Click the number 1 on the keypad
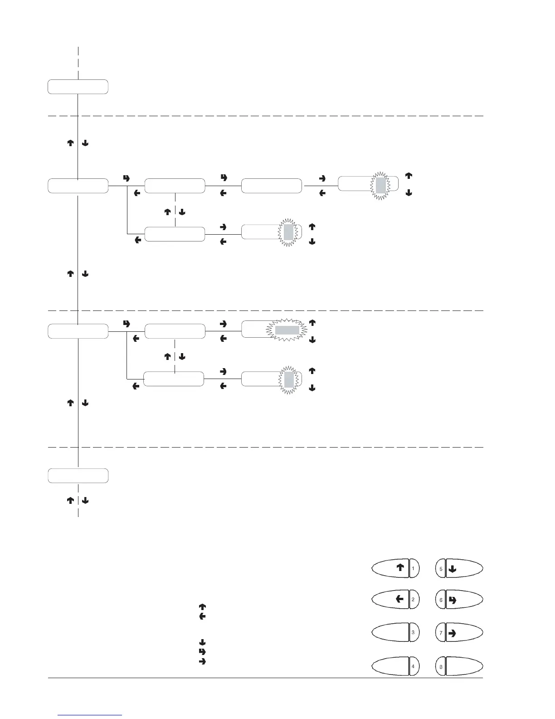(413, 568)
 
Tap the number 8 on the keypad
(441, 667)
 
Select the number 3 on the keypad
(413, 632)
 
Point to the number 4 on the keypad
(413, 667)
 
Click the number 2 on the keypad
(413, 600)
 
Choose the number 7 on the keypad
(441, 633)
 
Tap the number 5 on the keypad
(441, 568)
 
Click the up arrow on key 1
(400, 567)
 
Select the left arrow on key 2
(399, 599)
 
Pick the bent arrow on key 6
(452, 600)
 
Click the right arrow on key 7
(452, 633)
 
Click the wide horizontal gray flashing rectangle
(287, 330)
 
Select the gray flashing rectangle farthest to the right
(380, 185)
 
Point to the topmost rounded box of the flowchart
(78, 87)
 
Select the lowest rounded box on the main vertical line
(78, 476)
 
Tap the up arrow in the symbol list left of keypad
(202, 606)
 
